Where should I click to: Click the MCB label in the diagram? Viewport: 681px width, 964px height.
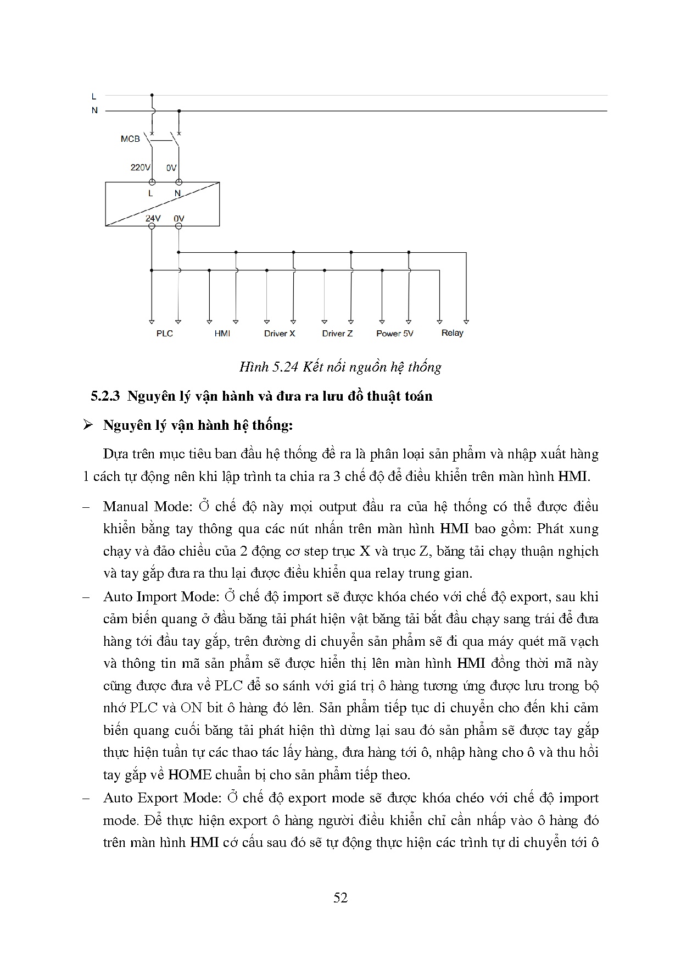130,139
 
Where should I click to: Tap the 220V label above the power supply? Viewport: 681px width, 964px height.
140,168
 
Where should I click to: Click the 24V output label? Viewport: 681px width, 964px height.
153,219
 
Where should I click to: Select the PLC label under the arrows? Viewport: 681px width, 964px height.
164,334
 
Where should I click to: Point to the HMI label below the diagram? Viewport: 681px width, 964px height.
222,334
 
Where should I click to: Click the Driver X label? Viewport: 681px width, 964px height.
280,334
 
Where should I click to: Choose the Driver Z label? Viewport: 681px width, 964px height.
337,334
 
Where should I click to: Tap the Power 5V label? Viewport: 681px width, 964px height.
395,334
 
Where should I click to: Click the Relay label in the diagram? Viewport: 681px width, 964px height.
453,333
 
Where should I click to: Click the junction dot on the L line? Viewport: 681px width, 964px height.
152,96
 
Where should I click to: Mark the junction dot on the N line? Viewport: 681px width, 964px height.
178,111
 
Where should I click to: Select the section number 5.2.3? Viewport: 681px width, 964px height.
105,396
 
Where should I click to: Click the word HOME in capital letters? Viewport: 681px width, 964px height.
189,775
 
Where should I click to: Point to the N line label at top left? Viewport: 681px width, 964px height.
94,110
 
